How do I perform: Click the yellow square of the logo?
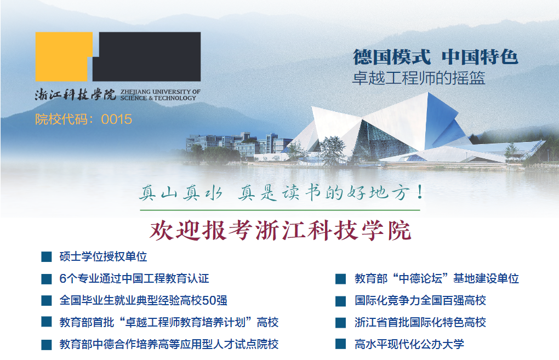click(x=61, y=56)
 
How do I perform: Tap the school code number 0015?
click(x=117, y=119)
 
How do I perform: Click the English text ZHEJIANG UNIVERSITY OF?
click(x=161, y=92)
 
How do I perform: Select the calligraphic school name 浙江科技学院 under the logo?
click(x=76, y=94)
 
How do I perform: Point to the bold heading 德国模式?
click(x=391, y=56)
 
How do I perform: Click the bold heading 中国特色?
click(x=480, y=56)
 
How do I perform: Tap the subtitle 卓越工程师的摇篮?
click(x=419, y=78)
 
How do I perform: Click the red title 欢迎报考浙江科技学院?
click(x=280, y=230)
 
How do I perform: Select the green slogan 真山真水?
click(x=180, y=193)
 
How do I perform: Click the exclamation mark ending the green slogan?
click(x=420, y=192)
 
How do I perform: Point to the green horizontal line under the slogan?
click(x=280, y=210)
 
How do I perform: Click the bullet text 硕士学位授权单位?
click(x=104, y=256)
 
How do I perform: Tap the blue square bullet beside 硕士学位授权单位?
click(x=47, y=256)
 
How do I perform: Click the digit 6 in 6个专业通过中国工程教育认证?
click(x=62, y=279)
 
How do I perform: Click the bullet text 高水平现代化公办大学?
click(x=409, y=344)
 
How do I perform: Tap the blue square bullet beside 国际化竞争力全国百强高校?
click(x=340, y=301)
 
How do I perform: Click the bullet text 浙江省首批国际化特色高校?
click(x=420, y=323)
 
